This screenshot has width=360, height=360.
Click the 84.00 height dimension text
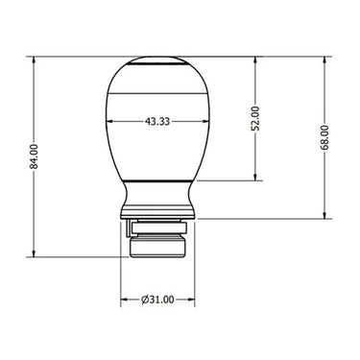click(x=34, y=156)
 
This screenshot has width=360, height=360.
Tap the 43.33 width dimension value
click(x=157, y=122)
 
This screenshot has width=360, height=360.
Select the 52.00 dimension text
click(x=255, y=119)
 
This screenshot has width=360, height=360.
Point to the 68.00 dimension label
click(x=324, y=137)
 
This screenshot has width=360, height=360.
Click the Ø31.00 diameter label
click(x=157, y=300)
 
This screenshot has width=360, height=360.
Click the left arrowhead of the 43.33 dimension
click(x=110, y=121)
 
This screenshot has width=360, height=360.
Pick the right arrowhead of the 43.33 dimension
click(x=204, y=121)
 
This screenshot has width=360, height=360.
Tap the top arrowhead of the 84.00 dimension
click(x=34, y=61)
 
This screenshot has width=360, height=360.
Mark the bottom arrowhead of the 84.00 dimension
click(x=34, y=252)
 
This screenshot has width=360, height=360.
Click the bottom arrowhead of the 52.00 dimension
click(x=255, y=176)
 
